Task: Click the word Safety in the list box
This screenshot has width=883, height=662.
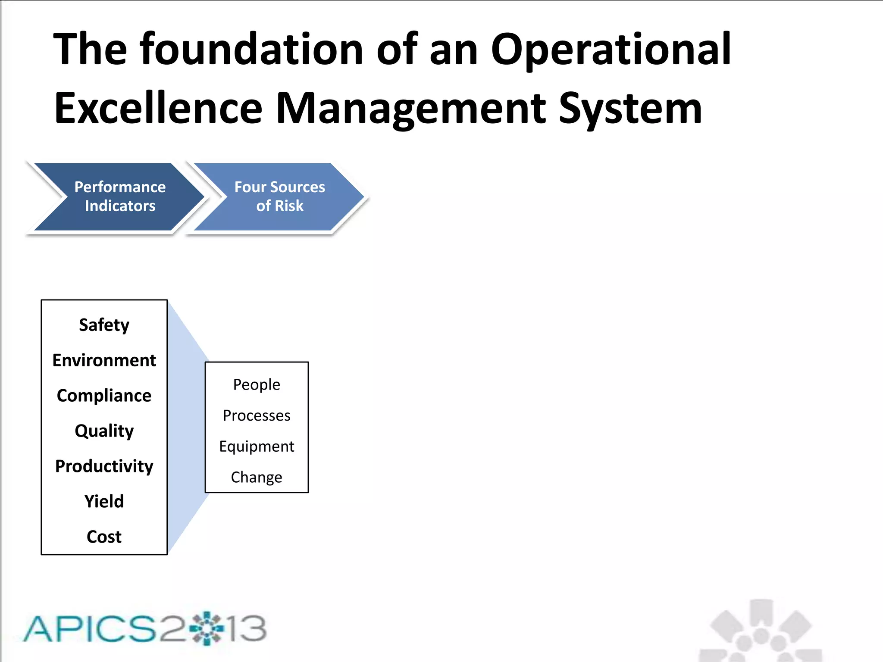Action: (x=104, y=325)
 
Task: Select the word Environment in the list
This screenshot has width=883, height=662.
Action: (x=104, y=360)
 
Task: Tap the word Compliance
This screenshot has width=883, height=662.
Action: (x=104, y=396)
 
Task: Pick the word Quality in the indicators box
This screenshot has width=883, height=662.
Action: (x=104, y=431)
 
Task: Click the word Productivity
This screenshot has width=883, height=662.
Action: (x=104, y=466)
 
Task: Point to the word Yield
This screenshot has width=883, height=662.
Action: (x=104, y=502)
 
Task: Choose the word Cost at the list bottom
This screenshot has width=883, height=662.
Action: (x=104, y=537)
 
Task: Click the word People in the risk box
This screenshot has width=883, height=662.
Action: (x=257, y=384)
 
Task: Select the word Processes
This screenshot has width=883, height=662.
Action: (x=257, y=415)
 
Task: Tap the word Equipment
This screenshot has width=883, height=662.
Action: (x=257, y=447)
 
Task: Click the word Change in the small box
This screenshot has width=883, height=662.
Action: (x=257, y=478)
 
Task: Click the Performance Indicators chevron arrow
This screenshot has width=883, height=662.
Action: (x=119, y=197)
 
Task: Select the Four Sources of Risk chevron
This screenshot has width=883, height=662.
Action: (x=279, y=197)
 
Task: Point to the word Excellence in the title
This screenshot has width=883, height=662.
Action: (x=158, y=109)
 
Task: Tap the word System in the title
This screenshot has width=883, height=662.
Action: (x=630, y=109)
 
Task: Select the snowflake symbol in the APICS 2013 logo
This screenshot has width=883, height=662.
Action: (x=207, y=628)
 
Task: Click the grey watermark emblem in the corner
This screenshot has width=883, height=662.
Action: (x=761, y=631)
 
